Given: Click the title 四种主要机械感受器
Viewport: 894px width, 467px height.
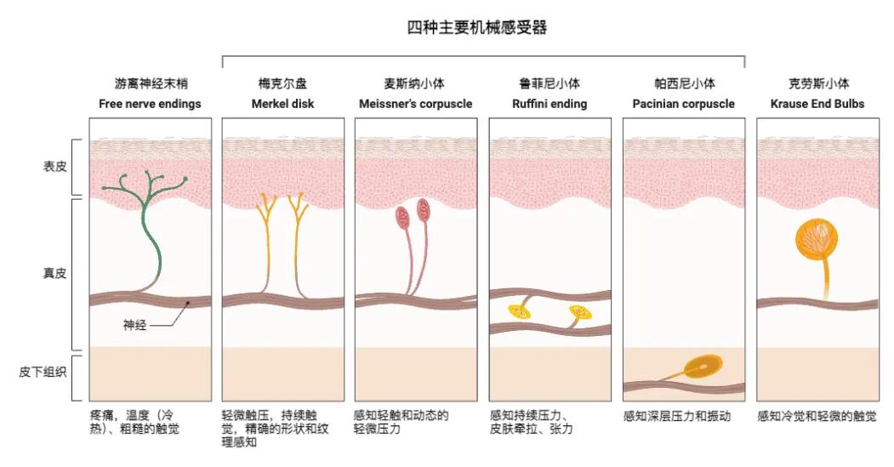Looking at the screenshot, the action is tap(476, 27).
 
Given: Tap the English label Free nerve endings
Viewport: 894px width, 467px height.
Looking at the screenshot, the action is tap(150, 104).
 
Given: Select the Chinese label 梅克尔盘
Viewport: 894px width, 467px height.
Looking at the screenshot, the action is tap(282, 84).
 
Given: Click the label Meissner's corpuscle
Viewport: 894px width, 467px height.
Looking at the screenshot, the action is tap(416, 104).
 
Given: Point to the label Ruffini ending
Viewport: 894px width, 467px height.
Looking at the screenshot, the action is tap(549, 104).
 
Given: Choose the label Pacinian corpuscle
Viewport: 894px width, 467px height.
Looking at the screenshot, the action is tap(684, 104).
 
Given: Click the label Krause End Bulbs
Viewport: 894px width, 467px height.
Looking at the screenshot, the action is tap(817, 104).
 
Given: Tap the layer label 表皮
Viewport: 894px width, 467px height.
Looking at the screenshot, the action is tap(55, 167).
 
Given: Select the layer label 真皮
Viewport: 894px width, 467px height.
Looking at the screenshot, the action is tap(55, 273).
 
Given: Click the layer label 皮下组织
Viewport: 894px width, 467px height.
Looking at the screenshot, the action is tap(43, 373).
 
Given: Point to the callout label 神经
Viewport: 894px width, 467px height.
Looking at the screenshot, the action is tap(134, 325).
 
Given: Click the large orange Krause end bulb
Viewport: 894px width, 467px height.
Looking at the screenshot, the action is tap(817, 240).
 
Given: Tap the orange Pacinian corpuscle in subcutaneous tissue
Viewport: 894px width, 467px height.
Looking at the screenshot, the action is tap(703, 367).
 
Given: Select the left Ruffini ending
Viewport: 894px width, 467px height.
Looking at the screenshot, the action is tap(520, 311).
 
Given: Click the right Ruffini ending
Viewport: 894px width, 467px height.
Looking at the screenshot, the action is tap(580, 312).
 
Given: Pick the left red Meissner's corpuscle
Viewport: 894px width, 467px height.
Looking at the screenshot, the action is tap(403, 217).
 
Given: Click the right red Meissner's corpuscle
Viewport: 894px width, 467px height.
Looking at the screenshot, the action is tap(424, 210).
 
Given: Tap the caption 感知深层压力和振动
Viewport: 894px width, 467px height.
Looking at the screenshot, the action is tap(677, 416).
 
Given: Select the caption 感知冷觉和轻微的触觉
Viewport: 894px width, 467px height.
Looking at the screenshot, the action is tap(817, 416).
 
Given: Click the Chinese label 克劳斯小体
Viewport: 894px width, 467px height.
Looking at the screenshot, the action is tap(818, 84).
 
